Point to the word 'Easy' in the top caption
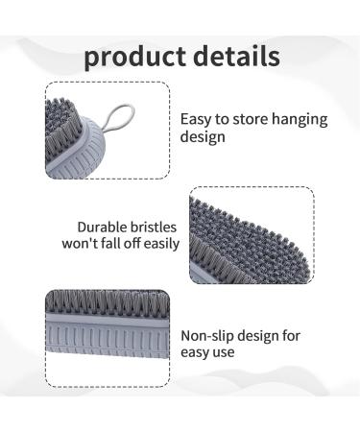pos(198,120)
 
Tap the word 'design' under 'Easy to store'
pos(204,137)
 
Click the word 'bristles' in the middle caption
pos(156,228)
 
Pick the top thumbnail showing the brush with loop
pos(108,131)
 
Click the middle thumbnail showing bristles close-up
pos(252,235)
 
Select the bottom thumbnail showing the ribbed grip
pos(107,338)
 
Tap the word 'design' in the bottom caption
pos(268,335)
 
